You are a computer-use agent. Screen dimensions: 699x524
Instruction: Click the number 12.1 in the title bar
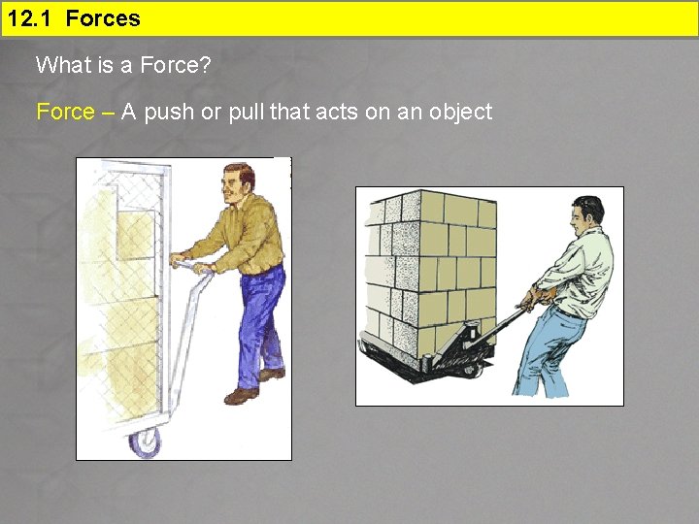pyautogui.click(x=29, y=18)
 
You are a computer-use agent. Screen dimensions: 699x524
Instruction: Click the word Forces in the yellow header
pyautogui.click(x=103, y=18)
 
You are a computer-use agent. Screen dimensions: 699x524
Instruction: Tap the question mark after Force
pyautogui.click(x=205, y=65)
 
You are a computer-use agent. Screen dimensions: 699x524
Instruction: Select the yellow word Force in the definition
pyautogui.click(x=66, y=112)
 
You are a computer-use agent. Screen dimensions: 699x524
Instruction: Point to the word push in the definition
pyautogui.click(x=169, y=113)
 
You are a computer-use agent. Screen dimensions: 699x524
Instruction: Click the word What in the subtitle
pyautogui.click(x=62, y=65)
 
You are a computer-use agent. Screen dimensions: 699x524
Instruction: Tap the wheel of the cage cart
pyautogui.click(x=146, y=442)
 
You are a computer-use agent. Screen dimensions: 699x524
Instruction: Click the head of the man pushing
pyautogui.click(x=238, y=183)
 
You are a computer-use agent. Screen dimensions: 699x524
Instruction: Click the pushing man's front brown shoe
pyautogui.click(x=241, y=396)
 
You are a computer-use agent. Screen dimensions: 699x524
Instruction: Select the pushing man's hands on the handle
pyautogui.click(x=191, y=263)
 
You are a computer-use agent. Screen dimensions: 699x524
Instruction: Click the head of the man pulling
pyautogui.click(x=587, y=216)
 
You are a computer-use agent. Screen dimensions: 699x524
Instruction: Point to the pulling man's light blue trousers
pyautogui.click(x=549, y=353)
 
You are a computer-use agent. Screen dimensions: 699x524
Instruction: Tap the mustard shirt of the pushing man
pyautogui.click(x=250, y=236)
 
